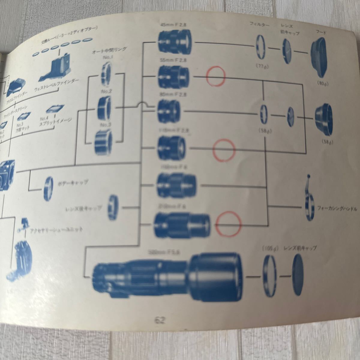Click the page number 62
[160, 320]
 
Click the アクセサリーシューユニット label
[56, 230]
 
